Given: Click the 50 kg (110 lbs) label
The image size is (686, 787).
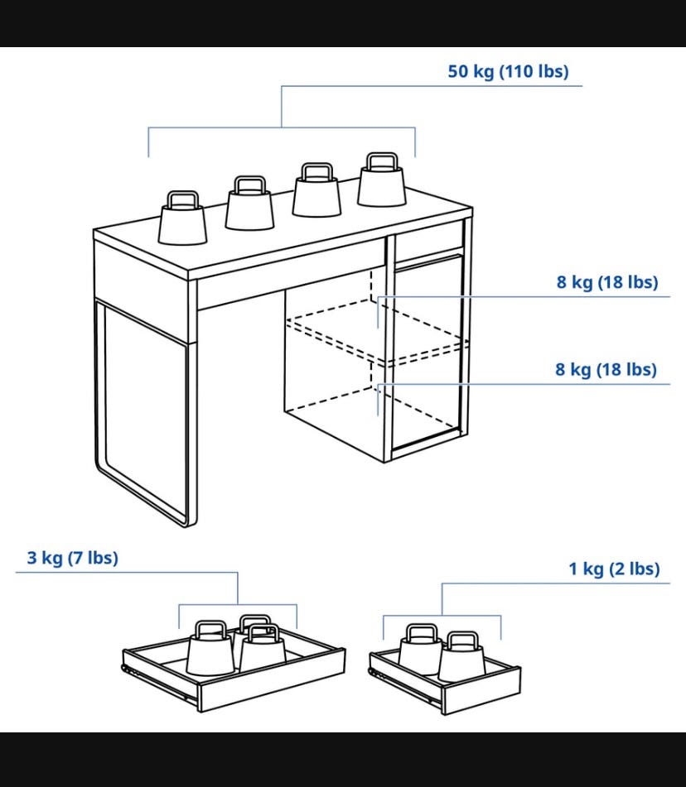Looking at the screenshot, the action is click(508, 71).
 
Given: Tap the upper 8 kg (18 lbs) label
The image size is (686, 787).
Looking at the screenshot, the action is click(607, 282).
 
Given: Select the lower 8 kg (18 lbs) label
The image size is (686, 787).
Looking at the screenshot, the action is click(606, 369).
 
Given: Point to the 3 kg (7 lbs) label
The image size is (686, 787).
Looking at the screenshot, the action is click(72, 558).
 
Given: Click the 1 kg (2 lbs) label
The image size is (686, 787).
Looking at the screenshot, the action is click(614, 569).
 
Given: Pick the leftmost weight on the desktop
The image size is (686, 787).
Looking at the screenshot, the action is click(182, 218).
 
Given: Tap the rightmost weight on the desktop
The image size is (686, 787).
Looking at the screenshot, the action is click(382, 180).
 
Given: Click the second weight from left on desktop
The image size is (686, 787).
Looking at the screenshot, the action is click(249, 203).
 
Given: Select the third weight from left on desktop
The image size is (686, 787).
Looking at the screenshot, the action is click(316, 190).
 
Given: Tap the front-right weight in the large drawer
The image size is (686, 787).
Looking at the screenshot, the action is click(263, 649).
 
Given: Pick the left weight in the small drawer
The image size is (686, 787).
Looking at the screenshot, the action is click(421, 650).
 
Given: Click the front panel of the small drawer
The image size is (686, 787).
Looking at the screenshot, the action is click(482, 690).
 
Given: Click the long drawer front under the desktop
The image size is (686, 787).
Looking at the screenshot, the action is click(292, 275).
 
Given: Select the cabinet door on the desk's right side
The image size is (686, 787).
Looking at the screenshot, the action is click(428, 352).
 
